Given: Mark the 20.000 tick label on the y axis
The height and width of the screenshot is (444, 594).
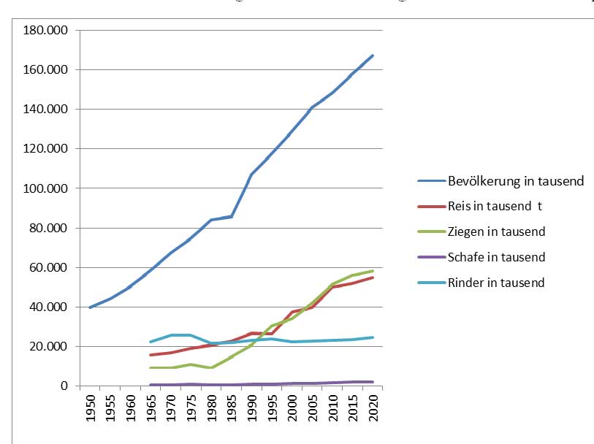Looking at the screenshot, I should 47,347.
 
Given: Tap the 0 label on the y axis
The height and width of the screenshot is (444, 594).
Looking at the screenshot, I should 64,386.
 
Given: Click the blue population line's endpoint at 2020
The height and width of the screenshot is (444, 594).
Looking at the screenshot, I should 373,55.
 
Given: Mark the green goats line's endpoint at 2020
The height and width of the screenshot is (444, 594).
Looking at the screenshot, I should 373,271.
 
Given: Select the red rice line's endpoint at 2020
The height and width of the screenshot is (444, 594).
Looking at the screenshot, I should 373,277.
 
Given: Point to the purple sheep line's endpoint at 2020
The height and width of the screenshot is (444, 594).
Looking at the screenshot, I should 373,382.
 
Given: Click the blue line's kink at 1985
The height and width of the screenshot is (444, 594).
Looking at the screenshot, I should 232,216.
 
